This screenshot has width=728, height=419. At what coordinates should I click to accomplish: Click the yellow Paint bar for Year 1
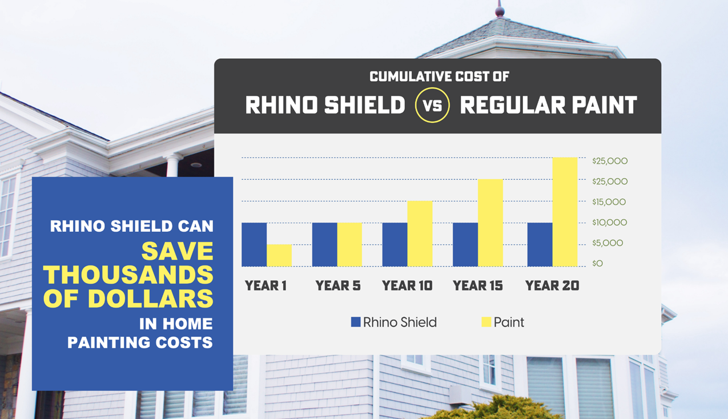(279, 255)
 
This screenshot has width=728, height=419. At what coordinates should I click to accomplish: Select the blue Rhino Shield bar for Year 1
(254, 244)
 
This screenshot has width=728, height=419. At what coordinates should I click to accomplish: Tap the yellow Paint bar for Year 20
(565, 212)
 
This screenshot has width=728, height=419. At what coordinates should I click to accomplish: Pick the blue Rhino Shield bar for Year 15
(465, 244)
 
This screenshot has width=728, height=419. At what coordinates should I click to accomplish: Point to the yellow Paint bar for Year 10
(420, 233)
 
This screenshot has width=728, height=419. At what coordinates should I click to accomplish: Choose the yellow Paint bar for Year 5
(349, 244)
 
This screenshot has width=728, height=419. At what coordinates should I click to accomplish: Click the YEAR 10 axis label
(407, 285)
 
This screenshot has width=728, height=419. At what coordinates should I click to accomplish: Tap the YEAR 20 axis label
(552, 285)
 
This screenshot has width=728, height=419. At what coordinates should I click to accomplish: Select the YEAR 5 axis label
(338, 285)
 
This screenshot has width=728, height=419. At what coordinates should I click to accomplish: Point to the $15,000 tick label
(609, 202)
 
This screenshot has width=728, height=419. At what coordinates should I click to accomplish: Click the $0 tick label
(597, 264)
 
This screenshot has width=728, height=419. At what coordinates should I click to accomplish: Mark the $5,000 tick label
(608, 243)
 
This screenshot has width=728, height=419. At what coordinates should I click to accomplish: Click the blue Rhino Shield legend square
(356, 322)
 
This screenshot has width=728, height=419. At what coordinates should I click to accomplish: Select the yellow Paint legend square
(486, 322)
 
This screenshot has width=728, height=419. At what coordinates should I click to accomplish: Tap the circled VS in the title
(432, 105)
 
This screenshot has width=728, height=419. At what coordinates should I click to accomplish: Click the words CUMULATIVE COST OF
(439, 76)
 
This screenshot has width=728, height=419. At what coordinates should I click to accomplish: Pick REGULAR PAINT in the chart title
(548, 105)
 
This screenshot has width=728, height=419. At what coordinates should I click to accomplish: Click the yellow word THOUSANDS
(128, 275)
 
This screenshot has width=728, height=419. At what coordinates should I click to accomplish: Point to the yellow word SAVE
(177, 251)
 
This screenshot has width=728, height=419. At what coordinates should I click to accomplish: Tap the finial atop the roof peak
(500, 10)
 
